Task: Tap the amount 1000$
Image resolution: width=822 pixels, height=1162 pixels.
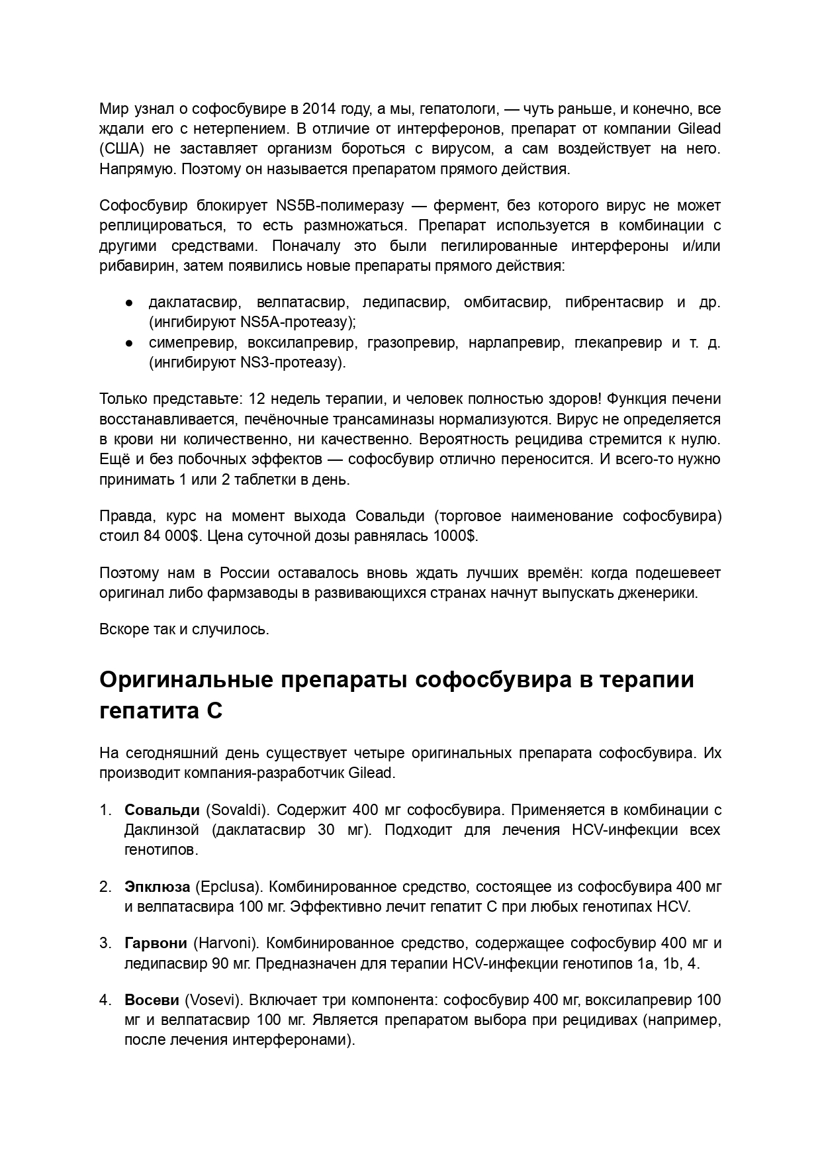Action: tap(455, 536)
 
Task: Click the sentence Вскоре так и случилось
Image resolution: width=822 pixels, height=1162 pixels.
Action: tap(184, 629)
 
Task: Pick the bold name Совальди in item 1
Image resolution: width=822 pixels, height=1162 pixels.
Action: tap(161, 810)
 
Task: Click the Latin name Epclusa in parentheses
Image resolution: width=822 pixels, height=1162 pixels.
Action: tap(229, 887)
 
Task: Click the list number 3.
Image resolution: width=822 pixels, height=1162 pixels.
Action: tap(104, 943)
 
